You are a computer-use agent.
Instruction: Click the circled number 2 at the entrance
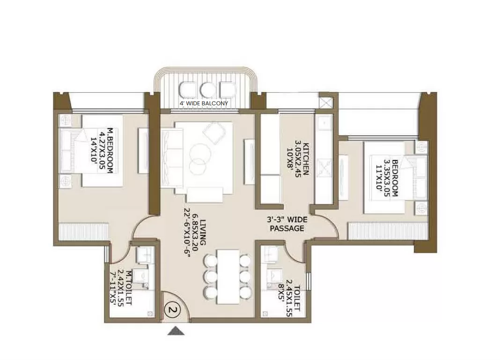coord(173,309)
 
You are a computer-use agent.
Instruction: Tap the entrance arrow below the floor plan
coord(176,331)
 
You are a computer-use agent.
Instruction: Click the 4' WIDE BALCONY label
coord(204,103)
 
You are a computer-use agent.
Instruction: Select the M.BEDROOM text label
coord(110,150)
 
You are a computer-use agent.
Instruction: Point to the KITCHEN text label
coord(306,159)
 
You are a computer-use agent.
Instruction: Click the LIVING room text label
coord(203,232)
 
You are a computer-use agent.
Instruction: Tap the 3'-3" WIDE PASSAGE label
coord(287,224)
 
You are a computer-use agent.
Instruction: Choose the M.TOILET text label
coord(129,287)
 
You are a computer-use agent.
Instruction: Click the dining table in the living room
coord(228,277)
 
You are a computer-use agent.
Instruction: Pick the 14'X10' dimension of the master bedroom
coord(94,150)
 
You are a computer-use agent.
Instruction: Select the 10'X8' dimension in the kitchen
coord(290,159)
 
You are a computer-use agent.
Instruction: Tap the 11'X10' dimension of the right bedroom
coord(379,177)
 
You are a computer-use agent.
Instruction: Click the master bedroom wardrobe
coord(83,232)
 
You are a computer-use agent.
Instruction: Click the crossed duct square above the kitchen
coord(326,103)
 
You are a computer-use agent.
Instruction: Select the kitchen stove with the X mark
coord(324,169)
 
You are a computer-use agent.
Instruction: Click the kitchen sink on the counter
coord(324,123)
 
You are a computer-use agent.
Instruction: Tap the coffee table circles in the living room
coord(199,159)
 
